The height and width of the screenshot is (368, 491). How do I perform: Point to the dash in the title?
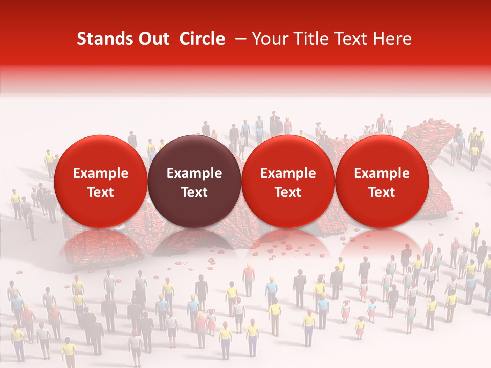click(238, 39)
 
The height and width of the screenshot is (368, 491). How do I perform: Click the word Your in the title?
click(270, 39)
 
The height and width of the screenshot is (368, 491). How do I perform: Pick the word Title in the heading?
click(308, 39)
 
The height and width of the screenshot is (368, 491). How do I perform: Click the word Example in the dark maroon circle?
click(194, 173)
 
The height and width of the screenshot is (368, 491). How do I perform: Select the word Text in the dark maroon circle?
click(194, 192)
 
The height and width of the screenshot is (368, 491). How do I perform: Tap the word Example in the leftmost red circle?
click(101, 173)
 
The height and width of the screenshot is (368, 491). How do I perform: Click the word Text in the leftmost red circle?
click(101, 192)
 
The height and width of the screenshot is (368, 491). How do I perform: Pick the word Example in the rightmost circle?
click(382, 173)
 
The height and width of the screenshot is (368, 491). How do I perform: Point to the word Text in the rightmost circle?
click(382, 192)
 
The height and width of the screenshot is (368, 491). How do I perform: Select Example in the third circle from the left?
click(288, 173)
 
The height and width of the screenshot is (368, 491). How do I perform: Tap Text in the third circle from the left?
click(288, 192)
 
